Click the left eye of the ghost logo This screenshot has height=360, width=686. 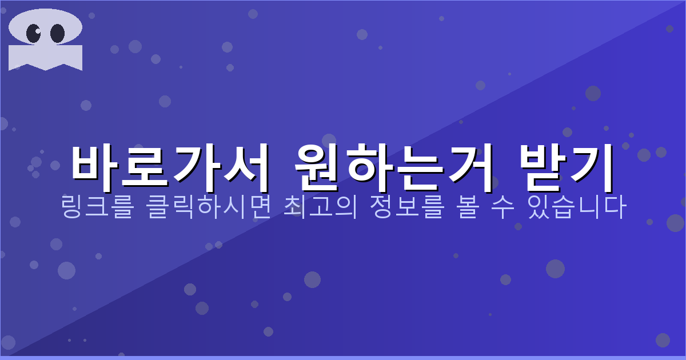point(34,33)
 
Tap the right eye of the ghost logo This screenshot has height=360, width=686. point(57,33)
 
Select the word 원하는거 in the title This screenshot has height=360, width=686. point(394,167)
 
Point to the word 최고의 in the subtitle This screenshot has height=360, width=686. point(320,207)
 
